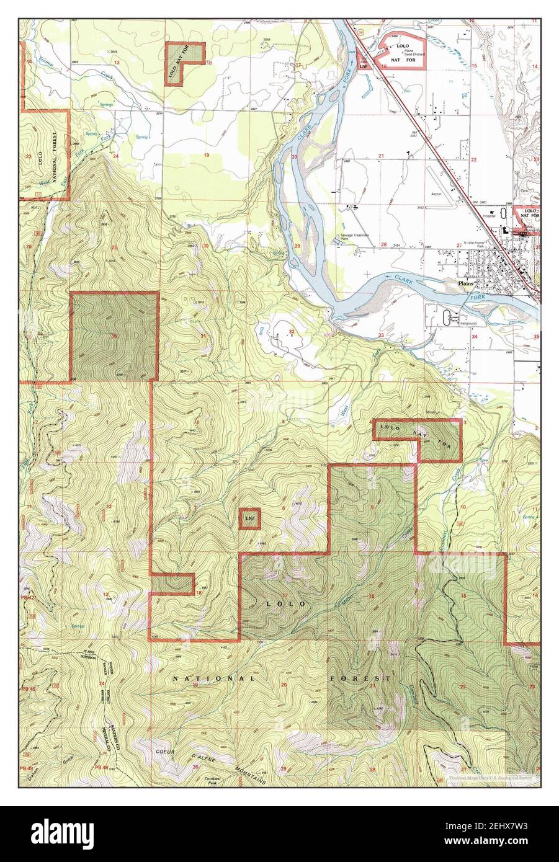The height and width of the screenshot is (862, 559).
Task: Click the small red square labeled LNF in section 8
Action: pos(249,518)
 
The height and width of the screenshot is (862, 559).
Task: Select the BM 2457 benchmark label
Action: pos(414,135)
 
